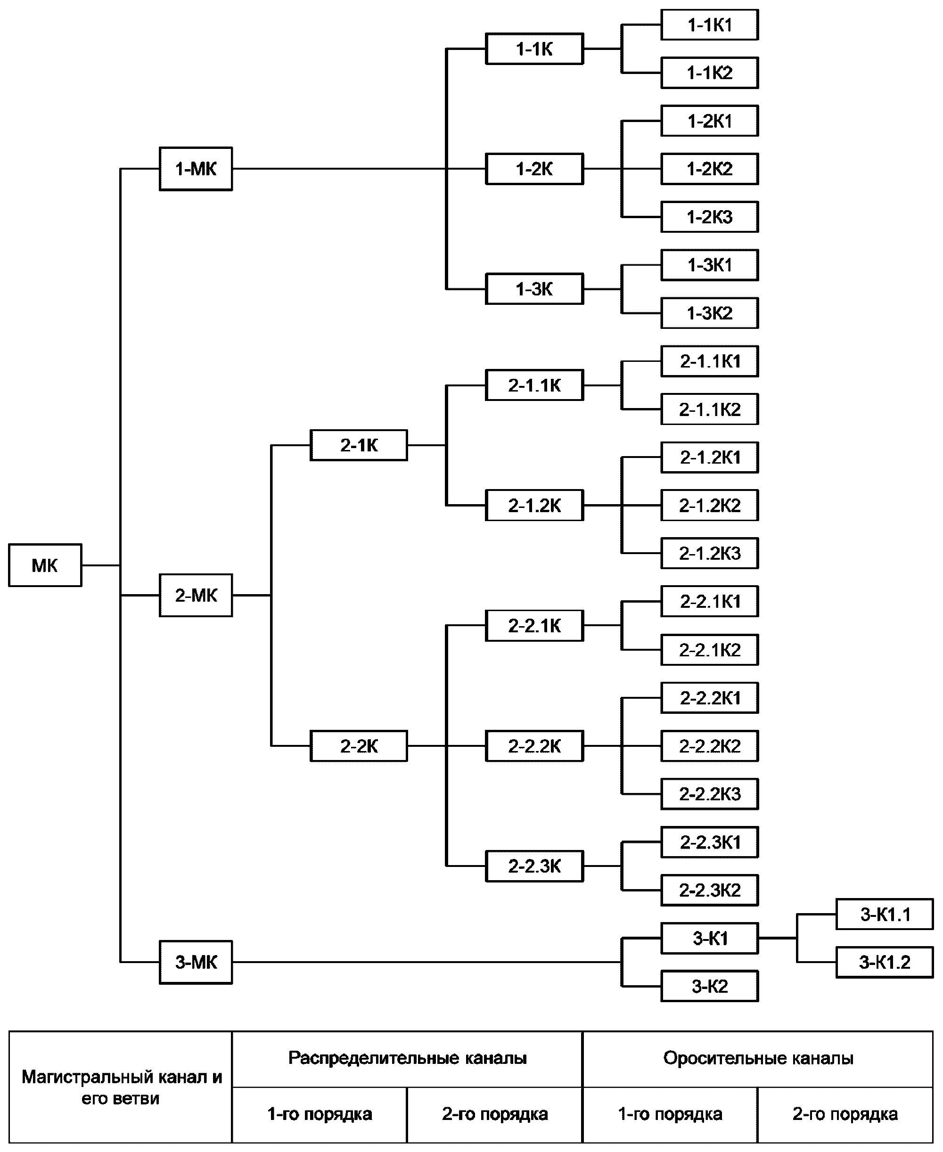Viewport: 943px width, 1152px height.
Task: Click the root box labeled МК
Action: tap(45, 565)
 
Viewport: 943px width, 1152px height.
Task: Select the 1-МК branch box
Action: tap(196, 169)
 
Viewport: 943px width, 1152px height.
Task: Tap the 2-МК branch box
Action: tap(196, 595)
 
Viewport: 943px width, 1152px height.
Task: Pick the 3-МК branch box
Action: tap(196, 963)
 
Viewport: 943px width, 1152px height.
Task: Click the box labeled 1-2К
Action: tap(534, 169)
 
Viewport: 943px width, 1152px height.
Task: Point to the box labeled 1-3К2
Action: tap(709, 313)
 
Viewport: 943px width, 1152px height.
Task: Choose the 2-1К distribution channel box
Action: tap(359, 445)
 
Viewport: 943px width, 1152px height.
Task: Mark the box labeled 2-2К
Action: tap(359, 746)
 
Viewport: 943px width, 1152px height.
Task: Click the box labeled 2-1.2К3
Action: tap(709, 554)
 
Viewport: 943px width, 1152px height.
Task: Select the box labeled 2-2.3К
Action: tap(534, 866)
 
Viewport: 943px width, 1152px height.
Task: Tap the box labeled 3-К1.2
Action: tap(885, 963)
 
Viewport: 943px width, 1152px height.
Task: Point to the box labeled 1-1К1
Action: tap(709, 25)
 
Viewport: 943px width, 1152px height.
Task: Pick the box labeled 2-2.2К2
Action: tap(709, 746)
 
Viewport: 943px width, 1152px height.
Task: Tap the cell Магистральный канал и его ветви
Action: tap(121, 1087)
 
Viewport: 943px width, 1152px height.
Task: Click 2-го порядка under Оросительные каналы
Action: tap(845, 1114)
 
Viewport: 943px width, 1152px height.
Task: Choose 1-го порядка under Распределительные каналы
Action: tap(320, 1114)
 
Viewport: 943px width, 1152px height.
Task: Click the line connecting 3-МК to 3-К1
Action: tap(427, 963)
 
